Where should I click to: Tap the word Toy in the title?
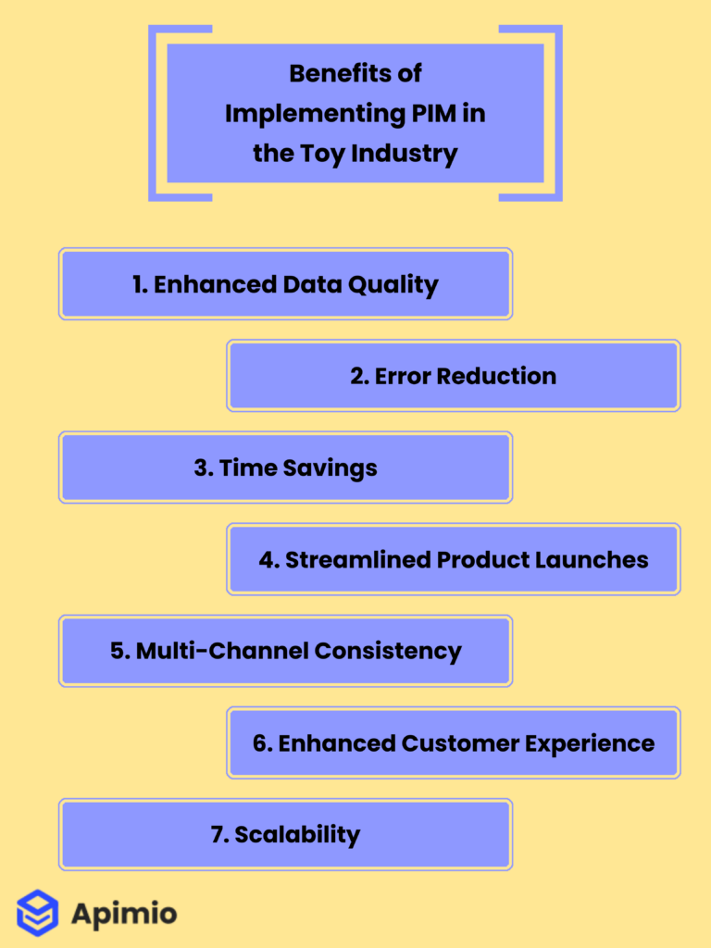[324, 153]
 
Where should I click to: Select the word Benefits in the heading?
[331, 73]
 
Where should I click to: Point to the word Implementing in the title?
[297, 113]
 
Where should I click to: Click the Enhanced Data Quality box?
[285, 284]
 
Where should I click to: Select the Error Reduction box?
[454, 376]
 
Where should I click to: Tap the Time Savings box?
[285, 468]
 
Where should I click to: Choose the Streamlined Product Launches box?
[454, 559]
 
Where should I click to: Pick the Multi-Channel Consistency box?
[285, 651]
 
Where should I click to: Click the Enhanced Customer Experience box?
[454, 742]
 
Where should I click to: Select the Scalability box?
[285, 834]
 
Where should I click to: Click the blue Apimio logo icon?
[37, 913]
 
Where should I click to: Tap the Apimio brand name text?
[124, 915]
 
